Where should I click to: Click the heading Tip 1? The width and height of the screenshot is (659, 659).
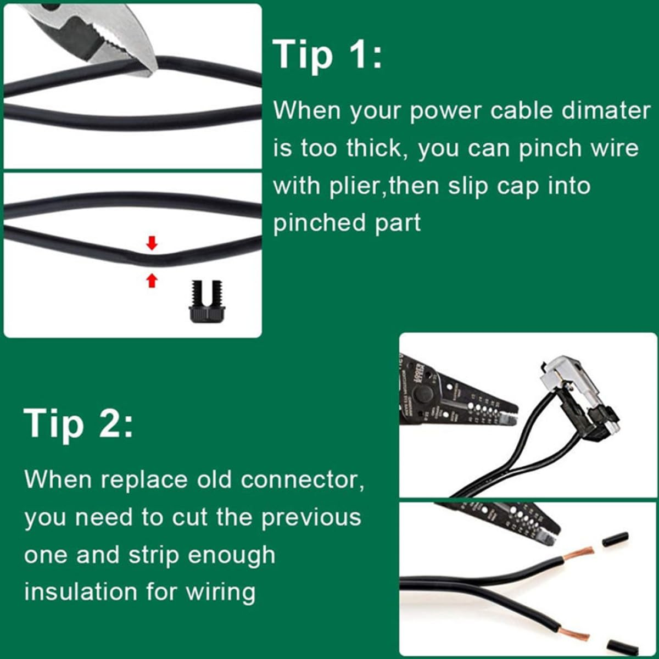pyautogui.click(x=328, y=55)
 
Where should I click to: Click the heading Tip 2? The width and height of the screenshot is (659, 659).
pyautogui.click(x=79, y=423)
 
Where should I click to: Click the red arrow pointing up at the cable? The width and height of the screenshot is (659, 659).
pyautogui.click(x=152, y=281)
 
